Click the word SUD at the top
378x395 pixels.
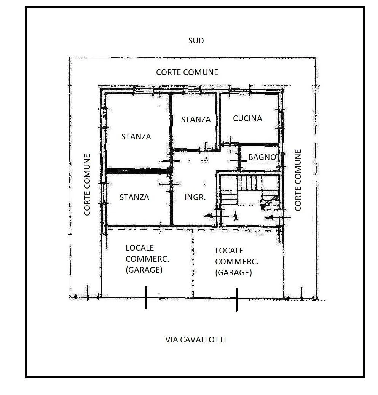point(196,40)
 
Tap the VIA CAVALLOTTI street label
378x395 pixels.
point(195,340)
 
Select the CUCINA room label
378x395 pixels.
point(247,118)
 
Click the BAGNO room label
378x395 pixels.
point(262,157)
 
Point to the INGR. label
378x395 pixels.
point(195,197)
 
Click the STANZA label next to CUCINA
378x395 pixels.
point(196,119)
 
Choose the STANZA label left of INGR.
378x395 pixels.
point(134,197)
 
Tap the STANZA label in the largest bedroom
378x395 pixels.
point(136,137)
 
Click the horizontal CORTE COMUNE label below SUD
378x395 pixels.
point(187,72)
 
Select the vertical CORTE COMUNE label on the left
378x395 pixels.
point(87,185)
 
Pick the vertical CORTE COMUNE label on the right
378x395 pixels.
point(298,180)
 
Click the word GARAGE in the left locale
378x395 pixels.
point(144,270)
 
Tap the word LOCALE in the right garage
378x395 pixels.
point(229,251)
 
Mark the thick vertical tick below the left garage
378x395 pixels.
point(146,297)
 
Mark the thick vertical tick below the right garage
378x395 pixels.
point(236,299)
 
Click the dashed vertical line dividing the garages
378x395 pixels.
point(193,264)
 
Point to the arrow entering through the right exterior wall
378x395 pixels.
point(278,217)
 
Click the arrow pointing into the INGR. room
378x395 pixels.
point(216,216)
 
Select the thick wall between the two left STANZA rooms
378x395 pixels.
point(138,171)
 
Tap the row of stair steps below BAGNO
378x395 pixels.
point(250,183)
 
